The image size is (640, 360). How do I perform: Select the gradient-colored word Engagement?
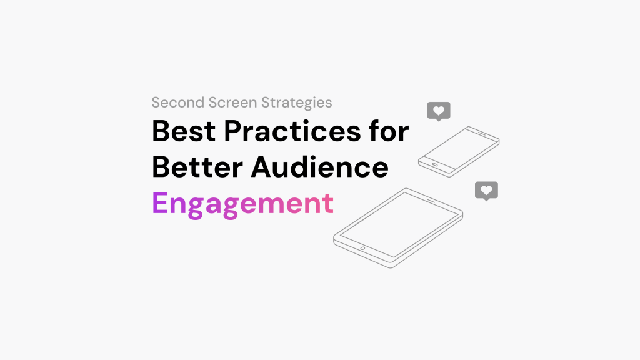coord(243,204)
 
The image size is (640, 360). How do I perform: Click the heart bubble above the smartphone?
coord(439,111)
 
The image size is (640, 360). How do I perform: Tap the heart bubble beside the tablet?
coord(486,191)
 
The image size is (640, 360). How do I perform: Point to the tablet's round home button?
coord(362,248)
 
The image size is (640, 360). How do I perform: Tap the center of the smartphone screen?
coord(459,147)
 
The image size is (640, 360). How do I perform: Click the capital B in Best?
coord(161,132)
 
